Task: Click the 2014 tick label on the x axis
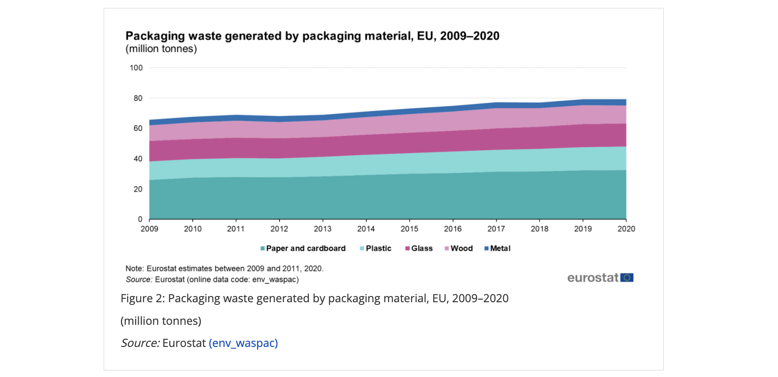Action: click(366, 229)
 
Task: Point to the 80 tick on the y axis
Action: click(138, 98)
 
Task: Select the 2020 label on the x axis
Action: click(626, 229)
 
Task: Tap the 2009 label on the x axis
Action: click(149, 229)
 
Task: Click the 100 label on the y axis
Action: click(136, 68)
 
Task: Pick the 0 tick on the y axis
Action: click(140, 219)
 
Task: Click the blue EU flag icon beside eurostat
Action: click(627, 277)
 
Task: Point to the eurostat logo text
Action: click(593, 278)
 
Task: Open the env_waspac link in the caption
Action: click(243, 343)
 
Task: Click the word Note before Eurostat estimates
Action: click(134, 269)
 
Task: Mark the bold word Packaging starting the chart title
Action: click(155, 36)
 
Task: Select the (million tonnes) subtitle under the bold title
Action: click(161, 49)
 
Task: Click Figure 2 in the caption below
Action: click(142, 299)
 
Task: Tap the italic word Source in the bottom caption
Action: click(140, 343)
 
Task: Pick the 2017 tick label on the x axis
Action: click(496, 229)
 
